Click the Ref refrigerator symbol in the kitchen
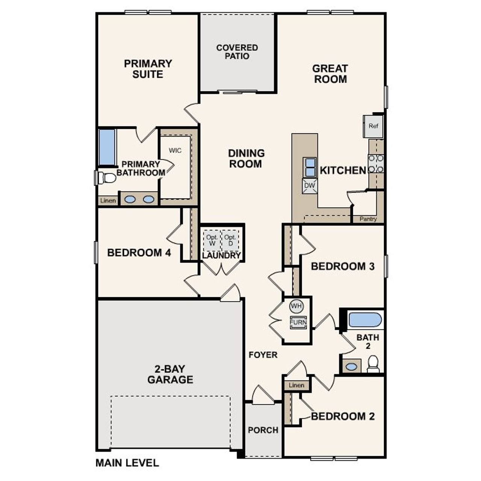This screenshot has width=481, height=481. click(373, 126)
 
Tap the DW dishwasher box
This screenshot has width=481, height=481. click(310, 186)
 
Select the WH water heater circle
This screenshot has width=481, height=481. click(296, 306)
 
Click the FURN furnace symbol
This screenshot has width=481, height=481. click(298, 322)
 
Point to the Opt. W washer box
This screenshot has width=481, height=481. click(212, 240)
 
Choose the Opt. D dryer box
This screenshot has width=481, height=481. click(230, 240)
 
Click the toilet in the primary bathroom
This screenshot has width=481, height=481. click(106, 178)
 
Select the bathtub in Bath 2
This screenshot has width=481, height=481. click(365, 320)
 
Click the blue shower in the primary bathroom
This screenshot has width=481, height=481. click(107, 147)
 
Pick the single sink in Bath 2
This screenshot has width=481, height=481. click(351, 366)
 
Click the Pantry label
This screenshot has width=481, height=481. click(368, 219)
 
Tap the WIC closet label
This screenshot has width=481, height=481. click(175, 151)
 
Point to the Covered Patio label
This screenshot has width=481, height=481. click(237, 52)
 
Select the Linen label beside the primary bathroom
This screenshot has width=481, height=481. click(108, 201)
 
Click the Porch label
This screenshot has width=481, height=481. click(263, 430)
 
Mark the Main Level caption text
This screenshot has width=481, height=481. click(127, 463)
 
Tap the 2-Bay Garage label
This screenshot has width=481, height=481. click(170, 374)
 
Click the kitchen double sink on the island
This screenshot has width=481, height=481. click(310, 167)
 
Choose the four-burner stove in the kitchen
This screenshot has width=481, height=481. click(376, 163)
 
